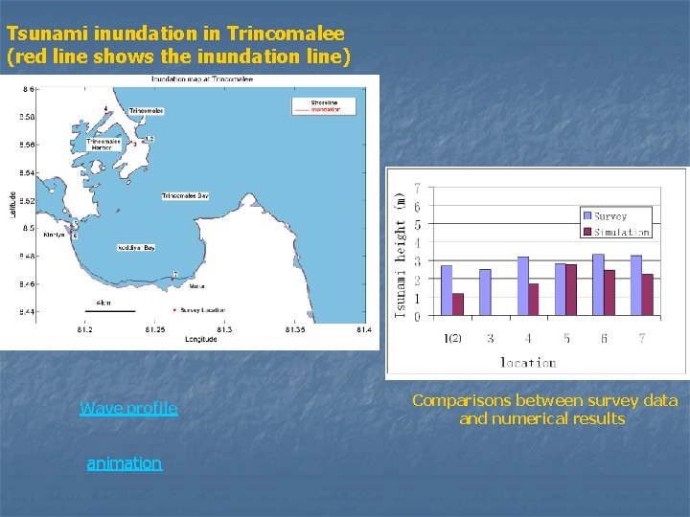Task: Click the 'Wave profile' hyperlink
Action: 128,409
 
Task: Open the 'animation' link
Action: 124,463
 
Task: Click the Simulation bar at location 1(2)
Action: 458,304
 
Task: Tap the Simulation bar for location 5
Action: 571,289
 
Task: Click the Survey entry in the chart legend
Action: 609,216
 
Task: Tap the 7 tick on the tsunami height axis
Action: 417,189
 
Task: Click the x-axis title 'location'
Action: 528,362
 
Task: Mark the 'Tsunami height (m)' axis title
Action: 401,252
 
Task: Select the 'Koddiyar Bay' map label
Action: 136,247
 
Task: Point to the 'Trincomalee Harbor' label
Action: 101,145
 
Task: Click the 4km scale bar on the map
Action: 109,310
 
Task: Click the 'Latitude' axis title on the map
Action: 13,201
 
